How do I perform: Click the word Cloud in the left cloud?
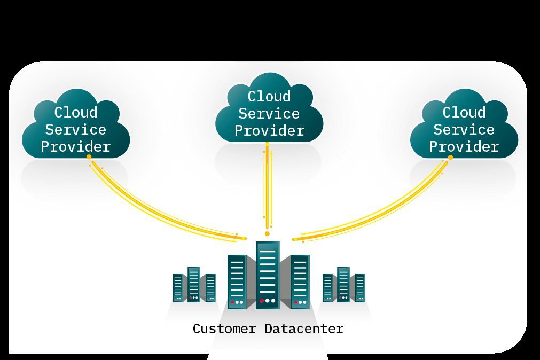76,113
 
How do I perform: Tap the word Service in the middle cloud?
269,114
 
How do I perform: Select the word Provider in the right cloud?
464,147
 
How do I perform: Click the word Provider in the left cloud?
76,147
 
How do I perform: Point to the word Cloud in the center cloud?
269,97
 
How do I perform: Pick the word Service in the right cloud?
464,130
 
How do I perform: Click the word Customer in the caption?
224,328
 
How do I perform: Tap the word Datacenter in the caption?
304,328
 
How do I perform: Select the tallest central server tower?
268,275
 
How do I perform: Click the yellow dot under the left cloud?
89,157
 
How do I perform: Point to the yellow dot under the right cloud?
450,158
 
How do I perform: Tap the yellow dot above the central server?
267,233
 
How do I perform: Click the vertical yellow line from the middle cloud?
268,187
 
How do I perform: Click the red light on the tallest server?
262,301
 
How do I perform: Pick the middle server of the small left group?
193,284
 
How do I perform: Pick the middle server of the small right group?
343,284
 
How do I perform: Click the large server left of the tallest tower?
237,281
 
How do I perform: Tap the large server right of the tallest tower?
300,281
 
